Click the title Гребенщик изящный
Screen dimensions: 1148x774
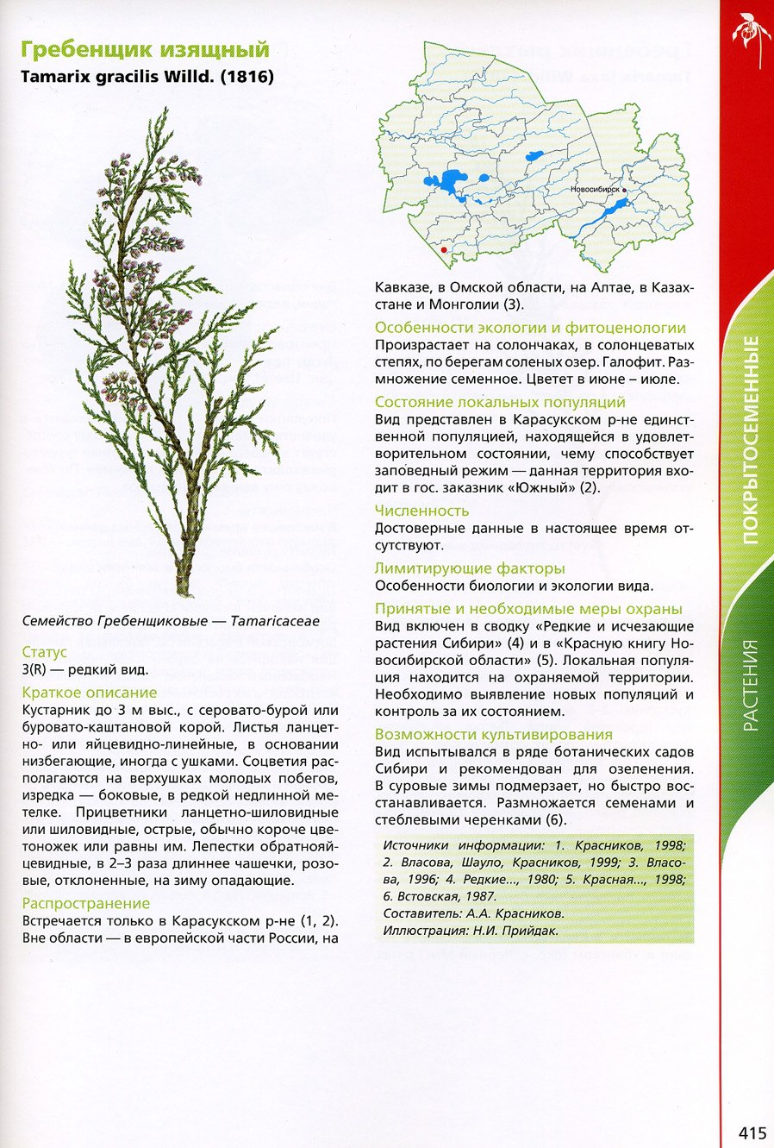tap(145, 49)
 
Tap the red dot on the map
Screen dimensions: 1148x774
tap(444, 248)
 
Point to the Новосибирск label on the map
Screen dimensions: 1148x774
tap(596, 189)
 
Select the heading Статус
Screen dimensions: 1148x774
tap(44, 652)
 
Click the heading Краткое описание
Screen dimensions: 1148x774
tap(90, 693)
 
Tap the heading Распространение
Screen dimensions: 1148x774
tap(86, 904)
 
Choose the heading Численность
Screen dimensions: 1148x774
tap(421, 511)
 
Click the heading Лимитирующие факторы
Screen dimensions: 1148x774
tap(470, 568)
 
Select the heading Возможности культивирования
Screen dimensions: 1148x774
tap(494, 735)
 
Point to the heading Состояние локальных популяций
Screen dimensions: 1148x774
tap(500, 402)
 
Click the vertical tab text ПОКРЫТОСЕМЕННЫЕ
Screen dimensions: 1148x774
tap(751, 440)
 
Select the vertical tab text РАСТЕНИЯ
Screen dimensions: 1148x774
tap(751, 685)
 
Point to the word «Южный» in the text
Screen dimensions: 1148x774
tap(543, 488)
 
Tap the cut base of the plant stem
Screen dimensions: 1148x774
tap(183, 591)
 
